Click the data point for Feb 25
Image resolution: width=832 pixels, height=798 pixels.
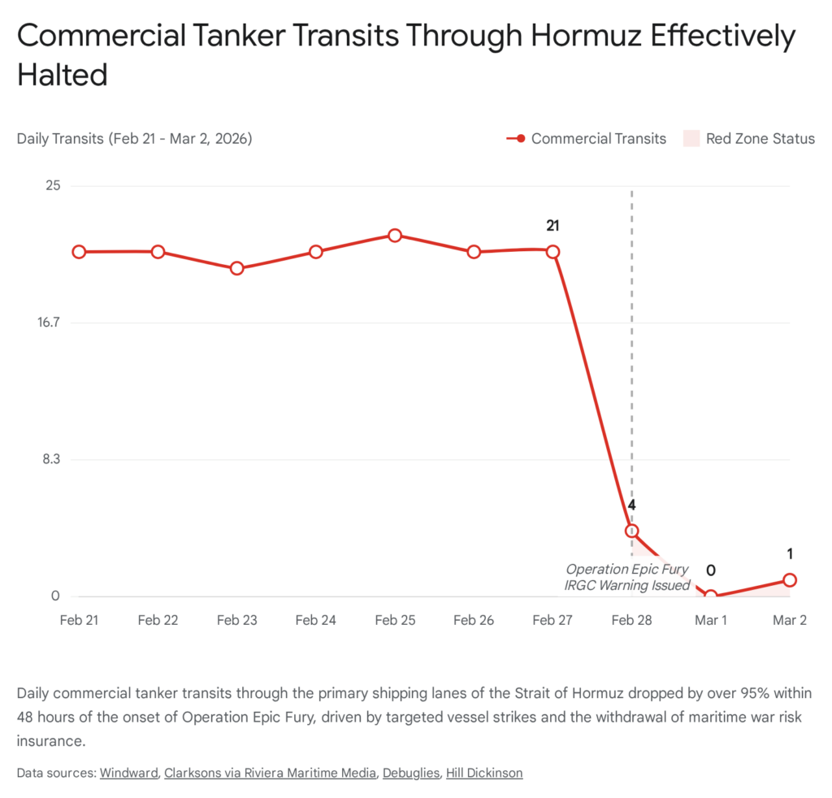click(x=394, y=236)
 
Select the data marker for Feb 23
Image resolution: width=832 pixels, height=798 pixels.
click(x=236, y=268)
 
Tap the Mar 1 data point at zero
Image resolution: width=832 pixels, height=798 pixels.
click(x=710, y=596)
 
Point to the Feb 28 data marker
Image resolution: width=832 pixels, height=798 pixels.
click(x=631, y=531)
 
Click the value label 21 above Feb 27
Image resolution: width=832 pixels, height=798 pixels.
click(x=552, y=226)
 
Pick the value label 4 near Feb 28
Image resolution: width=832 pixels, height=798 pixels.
click(x=631, y=505)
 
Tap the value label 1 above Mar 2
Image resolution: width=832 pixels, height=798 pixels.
click(x=789, y=554)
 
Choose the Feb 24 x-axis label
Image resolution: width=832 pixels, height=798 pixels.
click(x=315, y=620)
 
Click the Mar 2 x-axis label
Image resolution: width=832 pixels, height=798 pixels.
click(x=789, y=620)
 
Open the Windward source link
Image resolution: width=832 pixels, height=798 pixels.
click(x=128, y=773)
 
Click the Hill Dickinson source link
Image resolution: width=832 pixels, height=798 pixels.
click(x=484, y=773)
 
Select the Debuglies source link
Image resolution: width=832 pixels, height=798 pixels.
click(x=411, y=773)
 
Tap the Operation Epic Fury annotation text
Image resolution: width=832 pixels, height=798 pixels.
click(x=626, y=570)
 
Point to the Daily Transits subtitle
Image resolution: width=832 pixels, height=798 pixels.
click(x=134, y=139)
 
